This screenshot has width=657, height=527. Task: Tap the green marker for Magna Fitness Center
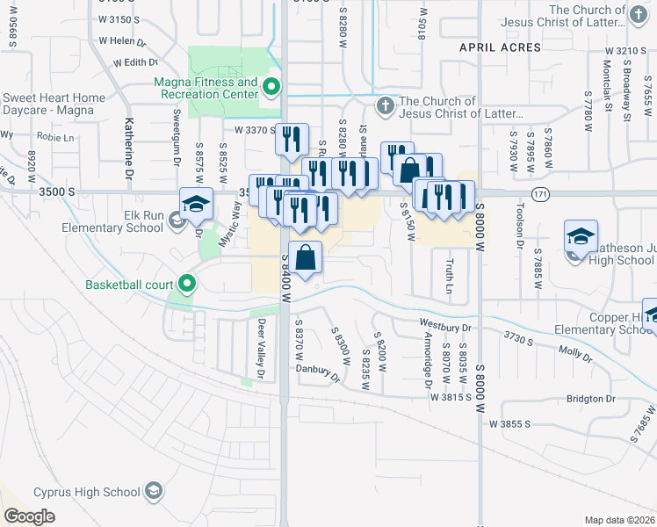[271, 86]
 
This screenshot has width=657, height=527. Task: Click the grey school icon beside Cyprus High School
[155, 490]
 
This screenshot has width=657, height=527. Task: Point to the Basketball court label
[130, 284]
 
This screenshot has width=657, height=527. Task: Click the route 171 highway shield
[540, 192]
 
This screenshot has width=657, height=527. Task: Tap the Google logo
[29, 516]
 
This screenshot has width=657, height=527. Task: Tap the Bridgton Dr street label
[591, 398]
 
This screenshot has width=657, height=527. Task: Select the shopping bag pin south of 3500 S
[305, 258]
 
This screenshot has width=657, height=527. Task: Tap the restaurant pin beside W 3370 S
[292, 139]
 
